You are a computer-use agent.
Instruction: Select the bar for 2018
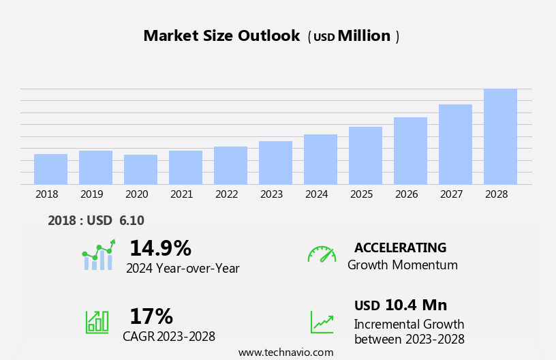(50, 169)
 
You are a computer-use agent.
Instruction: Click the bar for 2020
(140, 170)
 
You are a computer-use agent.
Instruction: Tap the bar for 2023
(275, 163)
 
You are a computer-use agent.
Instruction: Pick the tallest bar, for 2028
(500, 136)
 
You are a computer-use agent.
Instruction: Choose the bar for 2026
(410, 151)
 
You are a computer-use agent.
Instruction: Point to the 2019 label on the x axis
(91, 194)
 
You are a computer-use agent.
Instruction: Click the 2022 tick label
(226, 194)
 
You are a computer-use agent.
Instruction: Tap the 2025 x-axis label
(361, 194)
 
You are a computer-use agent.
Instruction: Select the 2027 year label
(451, 194)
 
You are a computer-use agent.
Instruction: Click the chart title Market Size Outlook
(221, 36)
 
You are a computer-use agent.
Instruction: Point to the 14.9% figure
(160, 248)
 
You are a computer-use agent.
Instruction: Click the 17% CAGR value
(151, 316)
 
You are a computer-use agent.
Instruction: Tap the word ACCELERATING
(400, 247)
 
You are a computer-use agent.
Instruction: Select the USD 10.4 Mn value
(401, 305)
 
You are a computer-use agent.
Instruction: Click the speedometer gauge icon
(321, 254)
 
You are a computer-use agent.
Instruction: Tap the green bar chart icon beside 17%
(97, 321)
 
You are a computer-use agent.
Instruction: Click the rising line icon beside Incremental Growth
(322, 322)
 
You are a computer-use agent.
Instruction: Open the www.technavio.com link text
(285, 352)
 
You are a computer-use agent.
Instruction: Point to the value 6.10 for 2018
(132, 221)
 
